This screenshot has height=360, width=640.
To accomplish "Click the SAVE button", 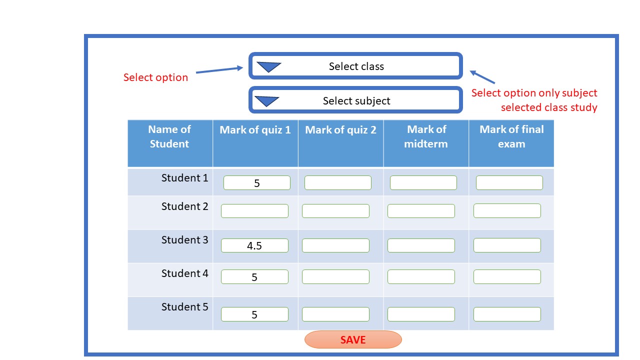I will coord(353,339).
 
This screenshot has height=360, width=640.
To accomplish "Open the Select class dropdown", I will coord(355,66).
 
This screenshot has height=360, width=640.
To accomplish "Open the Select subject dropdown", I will coord(355,100).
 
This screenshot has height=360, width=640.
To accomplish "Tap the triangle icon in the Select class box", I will coord(268,66).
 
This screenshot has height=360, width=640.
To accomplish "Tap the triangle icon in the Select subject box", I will coord(266,100).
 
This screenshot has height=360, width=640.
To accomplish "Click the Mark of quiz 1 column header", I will coord(255,130).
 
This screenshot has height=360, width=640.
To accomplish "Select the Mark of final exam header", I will coord(511,136).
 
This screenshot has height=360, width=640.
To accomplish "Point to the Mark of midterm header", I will coord(426,136).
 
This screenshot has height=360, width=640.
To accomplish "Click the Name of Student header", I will coord(169,136).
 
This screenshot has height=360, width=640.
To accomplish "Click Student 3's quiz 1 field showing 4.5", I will coord(254,245).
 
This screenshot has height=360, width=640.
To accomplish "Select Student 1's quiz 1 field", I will coord(256,183).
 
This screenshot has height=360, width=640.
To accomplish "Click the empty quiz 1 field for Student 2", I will coord(254,211).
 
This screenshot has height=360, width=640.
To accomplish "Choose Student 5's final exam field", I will coord(507,314).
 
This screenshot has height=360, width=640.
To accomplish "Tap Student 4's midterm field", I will coord(421,276).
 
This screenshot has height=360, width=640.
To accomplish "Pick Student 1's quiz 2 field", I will coord(337,183).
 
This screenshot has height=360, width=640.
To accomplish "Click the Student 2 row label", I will coord(184,206).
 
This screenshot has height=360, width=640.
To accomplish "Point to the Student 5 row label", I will coord(184,307).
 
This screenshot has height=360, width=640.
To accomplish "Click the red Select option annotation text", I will coord(155,77).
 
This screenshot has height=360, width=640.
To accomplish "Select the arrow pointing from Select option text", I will coord(219,70).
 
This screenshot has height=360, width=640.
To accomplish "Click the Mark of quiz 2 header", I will coord(340,130).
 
